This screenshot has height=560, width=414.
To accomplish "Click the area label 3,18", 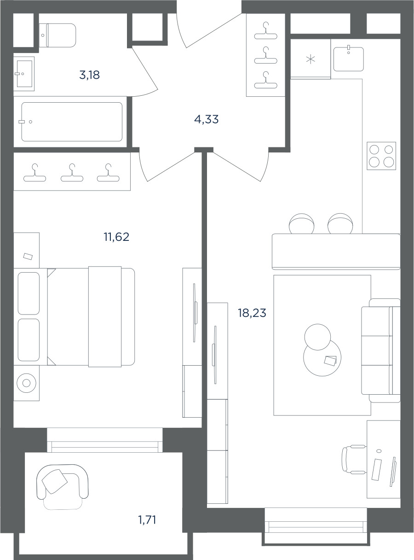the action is point(90,75).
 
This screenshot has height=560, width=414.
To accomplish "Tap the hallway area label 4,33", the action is point(207,119).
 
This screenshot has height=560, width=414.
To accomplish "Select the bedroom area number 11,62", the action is point(116,237).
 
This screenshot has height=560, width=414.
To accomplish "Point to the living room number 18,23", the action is point(252,313).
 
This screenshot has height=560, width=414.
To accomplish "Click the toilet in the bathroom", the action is point(57,35).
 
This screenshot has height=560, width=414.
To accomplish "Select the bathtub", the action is point(72,122).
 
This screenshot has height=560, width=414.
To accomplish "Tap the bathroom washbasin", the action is point(24,74).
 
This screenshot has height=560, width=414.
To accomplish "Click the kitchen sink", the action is point(349,59).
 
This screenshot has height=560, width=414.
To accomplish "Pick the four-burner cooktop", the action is point(381,156).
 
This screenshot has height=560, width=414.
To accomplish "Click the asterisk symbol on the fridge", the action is point(310,59).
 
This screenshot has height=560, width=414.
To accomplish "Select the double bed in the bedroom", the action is point(91,317).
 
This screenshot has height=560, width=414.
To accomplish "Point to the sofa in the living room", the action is point(381,351).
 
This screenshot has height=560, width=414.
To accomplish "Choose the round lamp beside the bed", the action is point(26,383).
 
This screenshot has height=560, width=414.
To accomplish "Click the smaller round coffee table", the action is point(317,337).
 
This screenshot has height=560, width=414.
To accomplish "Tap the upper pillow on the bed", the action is point(29,293).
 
